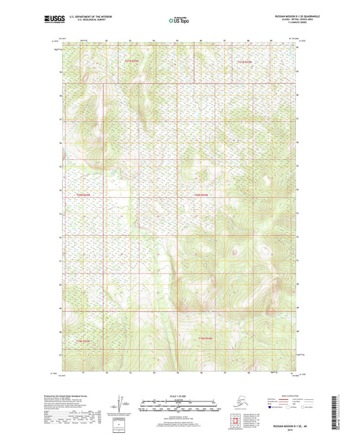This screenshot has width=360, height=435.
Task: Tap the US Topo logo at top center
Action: [180, 20]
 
